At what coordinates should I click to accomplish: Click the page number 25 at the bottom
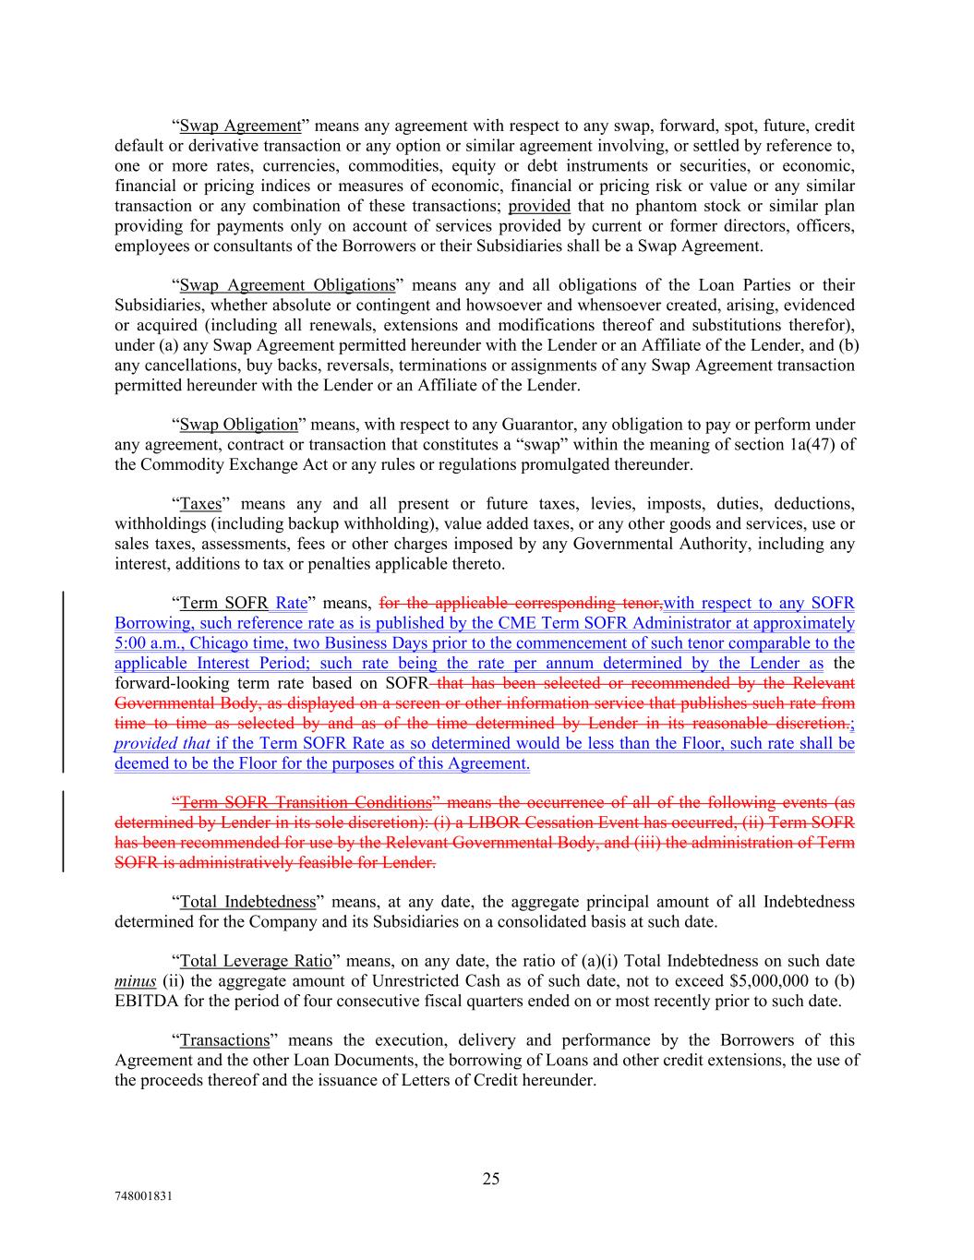click(x=490, y=1179)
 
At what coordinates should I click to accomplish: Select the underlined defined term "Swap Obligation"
click(x=238, y=425)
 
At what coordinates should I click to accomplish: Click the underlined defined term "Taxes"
click(x=200, y=504)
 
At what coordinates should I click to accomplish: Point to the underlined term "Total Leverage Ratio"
click(x=256, y=961)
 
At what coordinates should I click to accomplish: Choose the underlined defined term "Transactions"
click(x=224, y=1040)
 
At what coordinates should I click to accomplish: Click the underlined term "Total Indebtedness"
click(x=247, y=901)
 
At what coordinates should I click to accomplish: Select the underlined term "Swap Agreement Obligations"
click(x=287, y=285)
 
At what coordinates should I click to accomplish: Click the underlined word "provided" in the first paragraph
click(x=539, y=206)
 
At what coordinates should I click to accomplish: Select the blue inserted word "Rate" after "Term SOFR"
click(x=291, y=604)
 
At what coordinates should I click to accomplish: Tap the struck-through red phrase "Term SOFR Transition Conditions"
click(x=306, y=802)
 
